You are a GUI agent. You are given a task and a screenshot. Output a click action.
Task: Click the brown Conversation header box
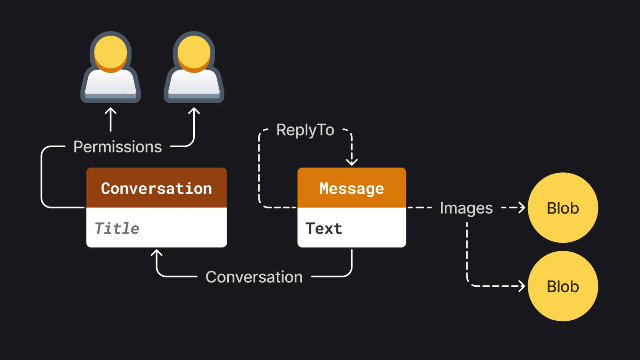pyautogui.click(x=156, y=188)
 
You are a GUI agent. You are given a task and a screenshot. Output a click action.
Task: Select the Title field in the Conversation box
pyautogui.click(x=117, y=228)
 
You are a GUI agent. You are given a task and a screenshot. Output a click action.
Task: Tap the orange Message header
pyautogui.click(x=352, y=188)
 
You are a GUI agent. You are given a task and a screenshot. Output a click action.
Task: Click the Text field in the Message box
pyautogui.click(x=324, y=228)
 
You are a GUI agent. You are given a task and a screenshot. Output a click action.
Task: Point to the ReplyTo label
pyautogui.click(x=305, y=130)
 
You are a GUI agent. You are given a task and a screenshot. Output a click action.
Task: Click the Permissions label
pyautogui.click(x=118, y=147)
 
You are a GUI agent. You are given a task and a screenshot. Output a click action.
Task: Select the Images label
pyautogui.click(x=466, y=208)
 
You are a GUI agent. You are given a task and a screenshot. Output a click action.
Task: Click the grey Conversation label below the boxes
pyautogui.click(x=254, y=277)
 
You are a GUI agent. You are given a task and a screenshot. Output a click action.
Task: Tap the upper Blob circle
pyautogui.click(x=563, y=208)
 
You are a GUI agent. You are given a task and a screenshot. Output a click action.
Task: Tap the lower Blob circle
pyautogui.click(x=563, y=286)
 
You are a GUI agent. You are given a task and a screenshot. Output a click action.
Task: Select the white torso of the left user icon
pyautogui.click(x=111, y=83)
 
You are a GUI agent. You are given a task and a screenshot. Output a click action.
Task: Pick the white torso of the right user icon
pyautogui.click(x=194, y=83)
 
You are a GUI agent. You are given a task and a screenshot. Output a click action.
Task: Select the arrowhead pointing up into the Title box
pyautogui.click(x=156, y=252)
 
